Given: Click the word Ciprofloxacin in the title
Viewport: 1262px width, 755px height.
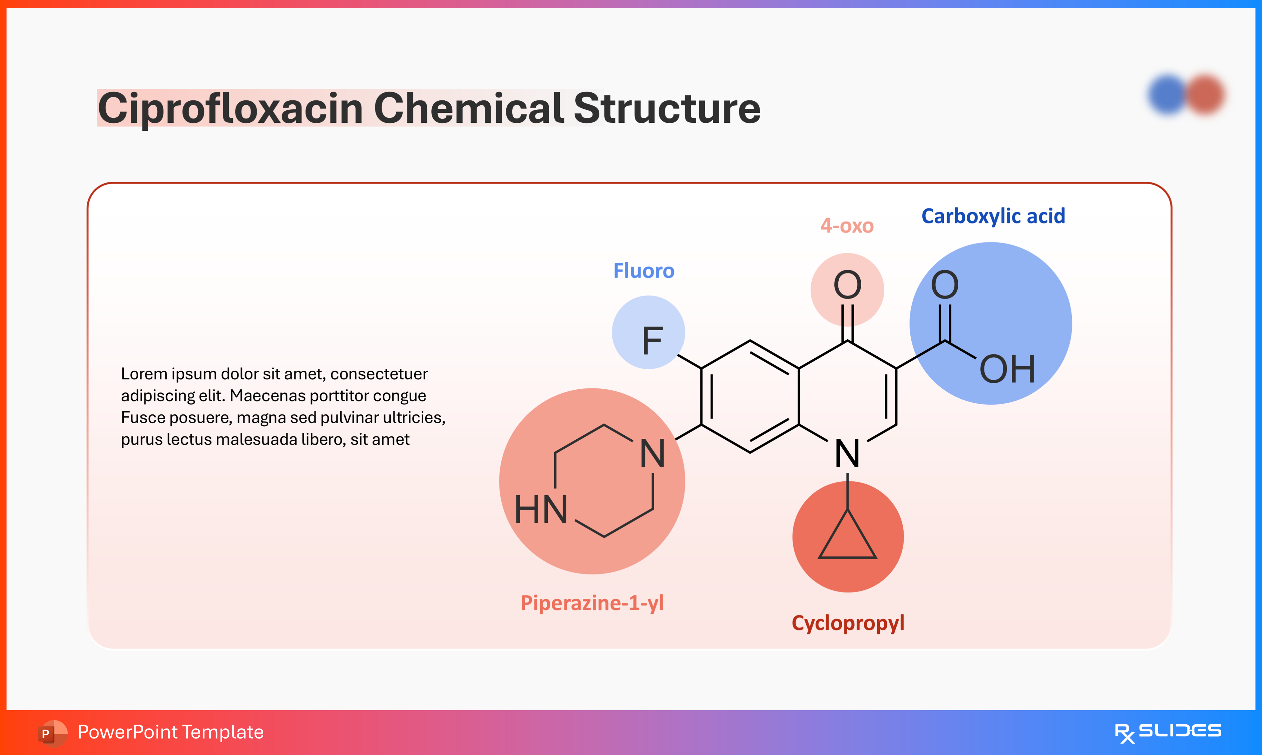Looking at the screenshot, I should [229, 108].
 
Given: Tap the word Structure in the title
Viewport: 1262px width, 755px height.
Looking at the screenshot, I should [667, 108].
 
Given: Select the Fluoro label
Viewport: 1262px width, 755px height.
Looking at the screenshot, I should [644, 271].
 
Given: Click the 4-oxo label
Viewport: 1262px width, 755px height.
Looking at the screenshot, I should [847, 225].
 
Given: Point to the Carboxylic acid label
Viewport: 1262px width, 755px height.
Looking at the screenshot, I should [993, 216].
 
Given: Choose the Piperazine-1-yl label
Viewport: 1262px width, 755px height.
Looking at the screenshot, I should [592, 603].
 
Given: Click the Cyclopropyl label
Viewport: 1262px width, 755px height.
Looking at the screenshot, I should [848, 623].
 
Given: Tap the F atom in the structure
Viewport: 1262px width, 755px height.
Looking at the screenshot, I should [652, 341].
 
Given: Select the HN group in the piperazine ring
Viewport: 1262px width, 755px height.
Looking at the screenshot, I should [541, 510].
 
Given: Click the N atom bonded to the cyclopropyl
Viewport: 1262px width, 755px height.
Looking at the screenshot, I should [847, 453].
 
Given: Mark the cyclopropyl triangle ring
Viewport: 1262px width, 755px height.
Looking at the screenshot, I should [847, 539].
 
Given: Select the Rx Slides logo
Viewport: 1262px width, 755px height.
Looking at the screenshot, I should [1168, 732].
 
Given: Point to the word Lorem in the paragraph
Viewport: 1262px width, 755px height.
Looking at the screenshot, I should [144, 374].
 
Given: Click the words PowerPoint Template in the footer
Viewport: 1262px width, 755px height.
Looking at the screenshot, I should [170, 732].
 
